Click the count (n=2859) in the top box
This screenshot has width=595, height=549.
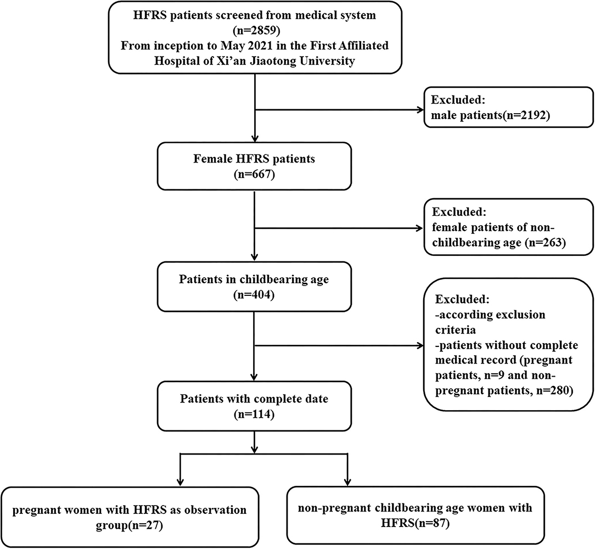click(x=255, y=31)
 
